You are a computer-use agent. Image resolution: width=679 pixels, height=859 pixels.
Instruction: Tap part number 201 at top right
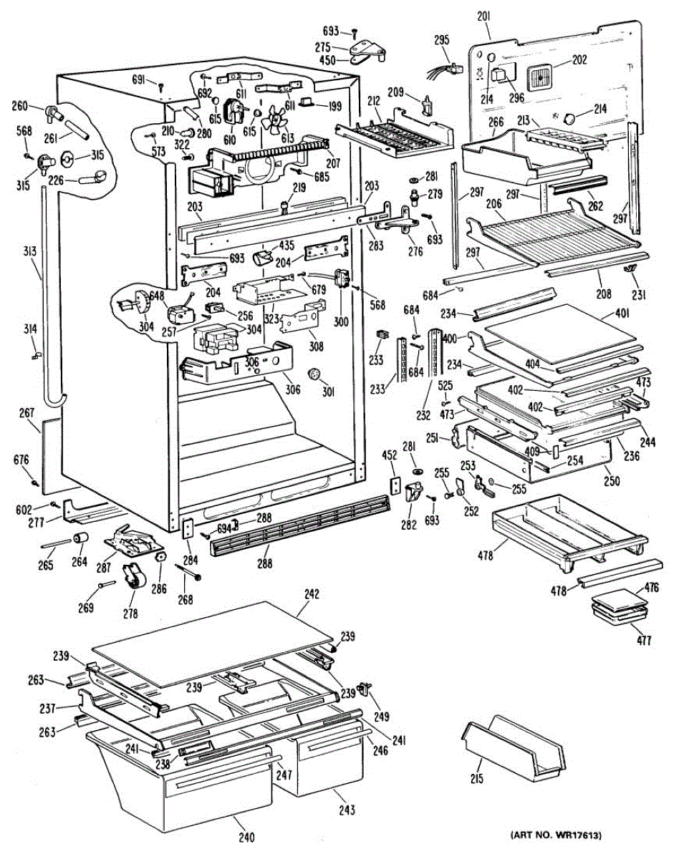(483, 16)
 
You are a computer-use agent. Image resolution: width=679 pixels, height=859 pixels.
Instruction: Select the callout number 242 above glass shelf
(312, 605)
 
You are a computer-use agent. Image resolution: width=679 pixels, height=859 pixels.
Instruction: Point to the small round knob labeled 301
(315, 375)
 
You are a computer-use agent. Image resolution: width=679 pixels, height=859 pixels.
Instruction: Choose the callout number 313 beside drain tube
(30, 251)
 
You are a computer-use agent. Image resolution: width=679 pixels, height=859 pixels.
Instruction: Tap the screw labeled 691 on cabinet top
(161, 85)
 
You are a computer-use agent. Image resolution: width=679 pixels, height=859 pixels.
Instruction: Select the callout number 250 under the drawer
(612, 481)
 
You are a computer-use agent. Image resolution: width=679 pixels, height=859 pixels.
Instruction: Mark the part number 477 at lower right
(644, 641)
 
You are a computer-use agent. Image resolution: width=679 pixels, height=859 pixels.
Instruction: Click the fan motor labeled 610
(235, 110)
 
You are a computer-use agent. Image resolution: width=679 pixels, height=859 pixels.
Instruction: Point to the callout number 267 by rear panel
(27, 413)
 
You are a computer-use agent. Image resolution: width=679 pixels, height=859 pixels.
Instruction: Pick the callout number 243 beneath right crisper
(347, 810)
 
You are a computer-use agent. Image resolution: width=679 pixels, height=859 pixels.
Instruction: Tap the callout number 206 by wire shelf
(493, 203)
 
